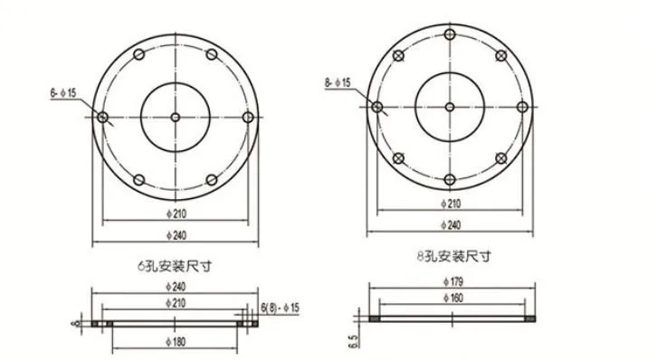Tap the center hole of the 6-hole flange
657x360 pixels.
pos(175,118)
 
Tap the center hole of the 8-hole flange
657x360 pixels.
pos(450,107)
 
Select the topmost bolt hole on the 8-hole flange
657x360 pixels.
pos(450,34)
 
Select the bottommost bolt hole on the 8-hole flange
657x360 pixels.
pos(450,179)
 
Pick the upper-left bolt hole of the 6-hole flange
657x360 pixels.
pos(138,55)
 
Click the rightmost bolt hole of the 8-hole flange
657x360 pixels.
pos(522,107)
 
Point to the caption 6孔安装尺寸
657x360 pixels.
pos(174,267)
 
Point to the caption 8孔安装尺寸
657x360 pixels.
pos(450,256)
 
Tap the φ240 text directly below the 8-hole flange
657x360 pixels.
pos(450,223)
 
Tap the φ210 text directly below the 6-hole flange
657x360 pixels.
pos(177,213)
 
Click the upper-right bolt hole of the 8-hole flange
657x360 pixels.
pos(500,56)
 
